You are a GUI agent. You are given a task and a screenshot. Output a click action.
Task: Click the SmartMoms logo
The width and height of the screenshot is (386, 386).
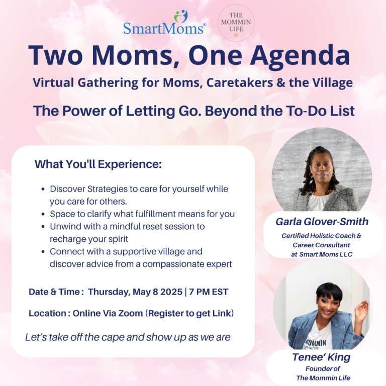(x=164, y=23)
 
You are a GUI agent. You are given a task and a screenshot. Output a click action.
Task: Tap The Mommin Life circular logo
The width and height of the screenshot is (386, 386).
(x=236, y=23)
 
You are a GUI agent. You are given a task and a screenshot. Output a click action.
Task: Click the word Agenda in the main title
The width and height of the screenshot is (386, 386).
(x=300, y=56)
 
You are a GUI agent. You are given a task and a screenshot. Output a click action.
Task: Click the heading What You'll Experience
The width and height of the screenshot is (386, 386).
(x=98, y=164)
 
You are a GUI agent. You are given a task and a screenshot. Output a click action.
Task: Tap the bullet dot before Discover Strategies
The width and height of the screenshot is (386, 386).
(x=43, y=189)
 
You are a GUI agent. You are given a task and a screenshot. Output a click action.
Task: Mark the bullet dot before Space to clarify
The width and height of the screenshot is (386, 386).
(x=43, y=214)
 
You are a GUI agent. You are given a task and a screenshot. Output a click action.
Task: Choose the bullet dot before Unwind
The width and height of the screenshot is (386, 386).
(x=43, y=227)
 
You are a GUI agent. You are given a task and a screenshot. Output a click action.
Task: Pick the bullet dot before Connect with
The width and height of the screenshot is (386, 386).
(x=43, y=252)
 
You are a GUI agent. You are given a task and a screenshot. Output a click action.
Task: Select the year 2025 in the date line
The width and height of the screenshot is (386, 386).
(x=171, y=292)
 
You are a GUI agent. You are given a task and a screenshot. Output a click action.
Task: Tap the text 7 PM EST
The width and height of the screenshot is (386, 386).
(x=209, y=292)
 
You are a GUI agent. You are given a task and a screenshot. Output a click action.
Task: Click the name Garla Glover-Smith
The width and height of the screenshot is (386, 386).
(x=322, y=222)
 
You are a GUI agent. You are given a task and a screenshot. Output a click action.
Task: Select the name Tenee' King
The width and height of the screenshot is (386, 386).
(x=321, y=357)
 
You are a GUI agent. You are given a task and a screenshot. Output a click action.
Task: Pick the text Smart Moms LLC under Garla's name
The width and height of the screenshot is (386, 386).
(x=326, y=254)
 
